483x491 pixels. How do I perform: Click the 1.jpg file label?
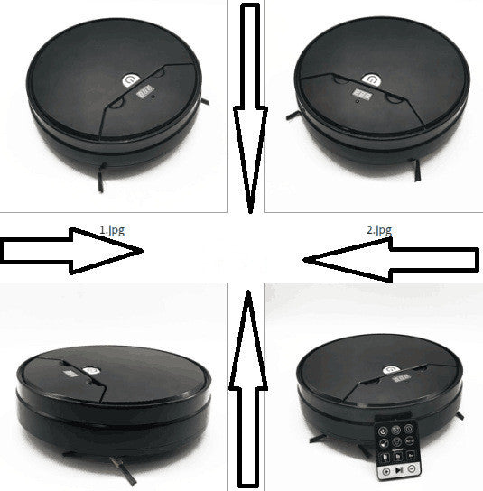click(112, 230)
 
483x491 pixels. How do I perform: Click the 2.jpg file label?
click(379, 230)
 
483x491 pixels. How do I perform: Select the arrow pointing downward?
click(250, 108)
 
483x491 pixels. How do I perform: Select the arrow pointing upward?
click(248, 390)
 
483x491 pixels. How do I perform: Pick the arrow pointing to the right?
click(71, 251)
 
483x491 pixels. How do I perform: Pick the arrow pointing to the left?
click(391, 260)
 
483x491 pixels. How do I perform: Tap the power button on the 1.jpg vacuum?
click(131, 80)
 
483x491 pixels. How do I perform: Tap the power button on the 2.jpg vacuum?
click(371, 79)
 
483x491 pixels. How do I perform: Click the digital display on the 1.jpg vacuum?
click(144, 91)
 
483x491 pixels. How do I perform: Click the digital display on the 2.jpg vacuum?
click(362, 94)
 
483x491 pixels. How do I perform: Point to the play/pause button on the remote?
click(399, 470)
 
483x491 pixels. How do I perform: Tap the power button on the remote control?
click(383, 431)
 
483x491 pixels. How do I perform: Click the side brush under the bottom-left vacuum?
click(123, 470)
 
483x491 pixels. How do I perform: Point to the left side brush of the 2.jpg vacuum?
click(293, 116)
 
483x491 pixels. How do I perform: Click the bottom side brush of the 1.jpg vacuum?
click(101, 178)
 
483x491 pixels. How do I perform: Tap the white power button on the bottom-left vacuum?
click(91, 371)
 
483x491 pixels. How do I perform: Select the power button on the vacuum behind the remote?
click(391, 370)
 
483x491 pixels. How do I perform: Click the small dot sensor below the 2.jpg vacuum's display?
click(358, 101)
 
